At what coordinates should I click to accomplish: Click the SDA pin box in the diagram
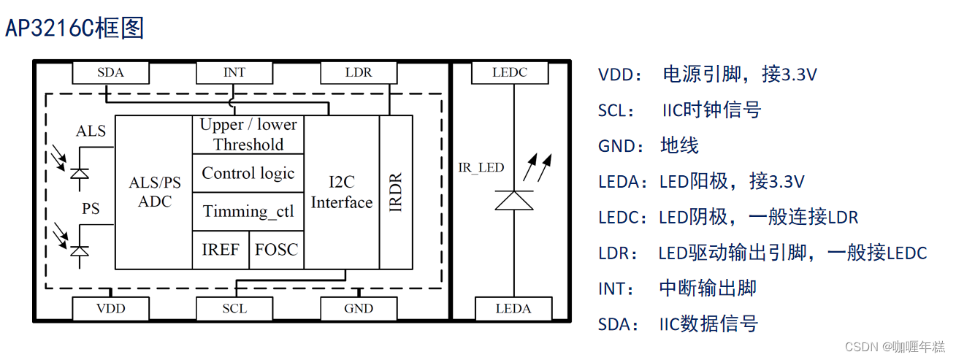[x=110, y=73]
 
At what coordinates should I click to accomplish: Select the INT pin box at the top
[x=234, y=73]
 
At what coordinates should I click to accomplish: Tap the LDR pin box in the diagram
[x=359, y=73]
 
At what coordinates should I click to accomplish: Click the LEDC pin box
[x=509, y=73]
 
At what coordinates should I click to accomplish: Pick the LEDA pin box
[x=513, y=309]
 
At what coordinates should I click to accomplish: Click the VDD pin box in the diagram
[x=110, y=309]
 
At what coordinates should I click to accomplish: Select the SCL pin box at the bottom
[x=234, y=309]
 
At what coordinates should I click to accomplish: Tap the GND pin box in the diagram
[x=359, y=309]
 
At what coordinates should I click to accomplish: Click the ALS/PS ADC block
[x=154, y=192]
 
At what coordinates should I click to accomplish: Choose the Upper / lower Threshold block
[x=248, y=134]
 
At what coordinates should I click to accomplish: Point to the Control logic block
[x=248, y=173]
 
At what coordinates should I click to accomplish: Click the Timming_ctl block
[x=248, y=212]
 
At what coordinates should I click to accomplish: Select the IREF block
[x=221, y=250]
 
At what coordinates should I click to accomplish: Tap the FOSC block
[x=276, y=250]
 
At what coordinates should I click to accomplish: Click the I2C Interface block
[x=342, y=192]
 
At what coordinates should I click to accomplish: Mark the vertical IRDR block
[x=396, y=192]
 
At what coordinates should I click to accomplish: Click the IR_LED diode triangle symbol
[x=513, y=200]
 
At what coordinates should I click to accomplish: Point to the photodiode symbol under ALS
[x=79, y=173]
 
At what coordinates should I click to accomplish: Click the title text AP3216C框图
[x=75, y=28]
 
